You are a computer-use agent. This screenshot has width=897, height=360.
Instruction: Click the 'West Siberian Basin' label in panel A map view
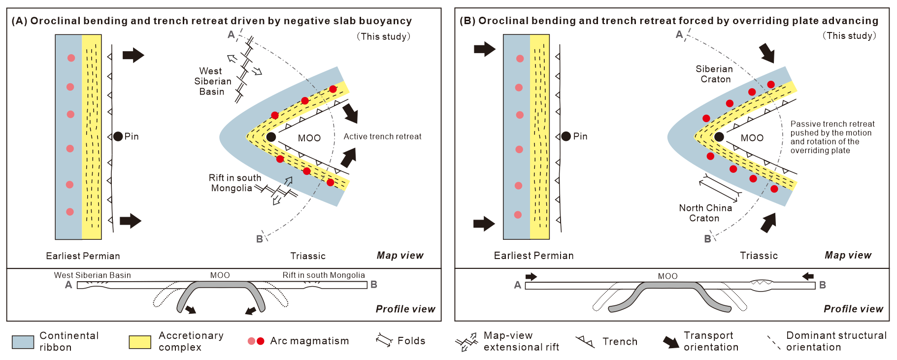point(212,81)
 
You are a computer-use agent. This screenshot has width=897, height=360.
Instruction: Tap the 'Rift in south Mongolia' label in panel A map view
point(234,183)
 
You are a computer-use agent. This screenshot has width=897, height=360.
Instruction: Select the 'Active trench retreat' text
point(382,136)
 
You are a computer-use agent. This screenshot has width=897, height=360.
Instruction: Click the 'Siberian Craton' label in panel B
point(715,74)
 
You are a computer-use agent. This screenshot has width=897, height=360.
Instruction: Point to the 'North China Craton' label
point(705,213)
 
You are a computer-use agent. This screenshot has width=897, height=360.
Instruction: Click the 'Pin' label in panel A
point(131,136)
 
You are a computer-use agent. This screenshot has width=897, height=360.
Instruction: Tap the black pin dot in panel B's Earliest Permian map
point(566,136)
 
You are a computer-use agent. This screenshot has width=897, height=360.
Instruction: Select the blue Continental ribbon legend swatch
point(23,342)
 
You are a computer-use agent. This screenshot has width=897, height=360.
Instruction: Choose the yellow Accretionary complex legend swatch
point(140,342)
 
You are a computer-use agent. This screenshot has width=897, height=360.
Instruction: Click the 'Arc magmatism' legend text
point(309,341)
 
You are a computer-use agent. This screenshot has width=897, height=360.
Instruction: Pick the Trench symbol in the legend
point(585,341)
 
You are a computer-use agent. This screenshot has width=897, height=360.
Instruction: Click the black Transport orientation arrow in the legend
point(670,342)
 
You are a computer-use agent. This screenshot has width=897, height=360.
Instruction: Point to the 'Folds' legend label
point(411,341)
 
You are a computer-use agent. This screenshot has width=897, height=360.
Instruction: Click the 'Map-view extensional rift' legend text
point(521,341)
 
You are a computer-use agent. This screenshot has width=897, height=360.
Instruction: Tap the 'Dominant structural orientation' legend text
point(836,341)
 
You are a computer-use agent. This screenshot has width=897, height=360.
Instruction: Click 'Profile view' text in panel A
point(405,309)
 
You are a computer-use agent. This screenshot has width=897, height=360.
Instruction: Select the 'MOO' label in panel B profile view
point(667,276)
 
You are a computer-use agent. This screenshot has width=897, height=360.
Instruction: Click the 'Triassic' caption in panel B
point(759,256)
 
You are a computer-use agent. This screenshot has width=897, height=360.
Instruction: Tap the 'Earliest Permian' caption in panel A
point(83,256)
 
